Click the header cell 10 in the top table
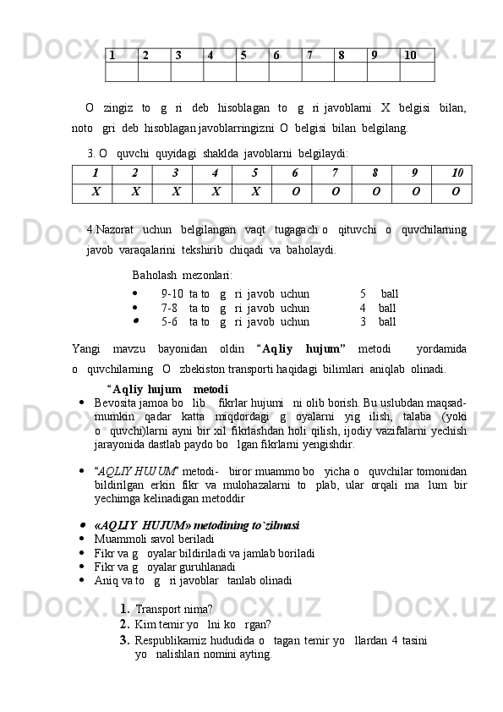point(410,56)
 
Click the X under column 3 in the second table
point(176,192)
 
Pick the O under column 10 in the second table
point(456,192)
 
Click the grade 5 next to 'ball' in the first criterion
point(364,293)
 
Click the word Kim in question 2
point(145,625)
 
